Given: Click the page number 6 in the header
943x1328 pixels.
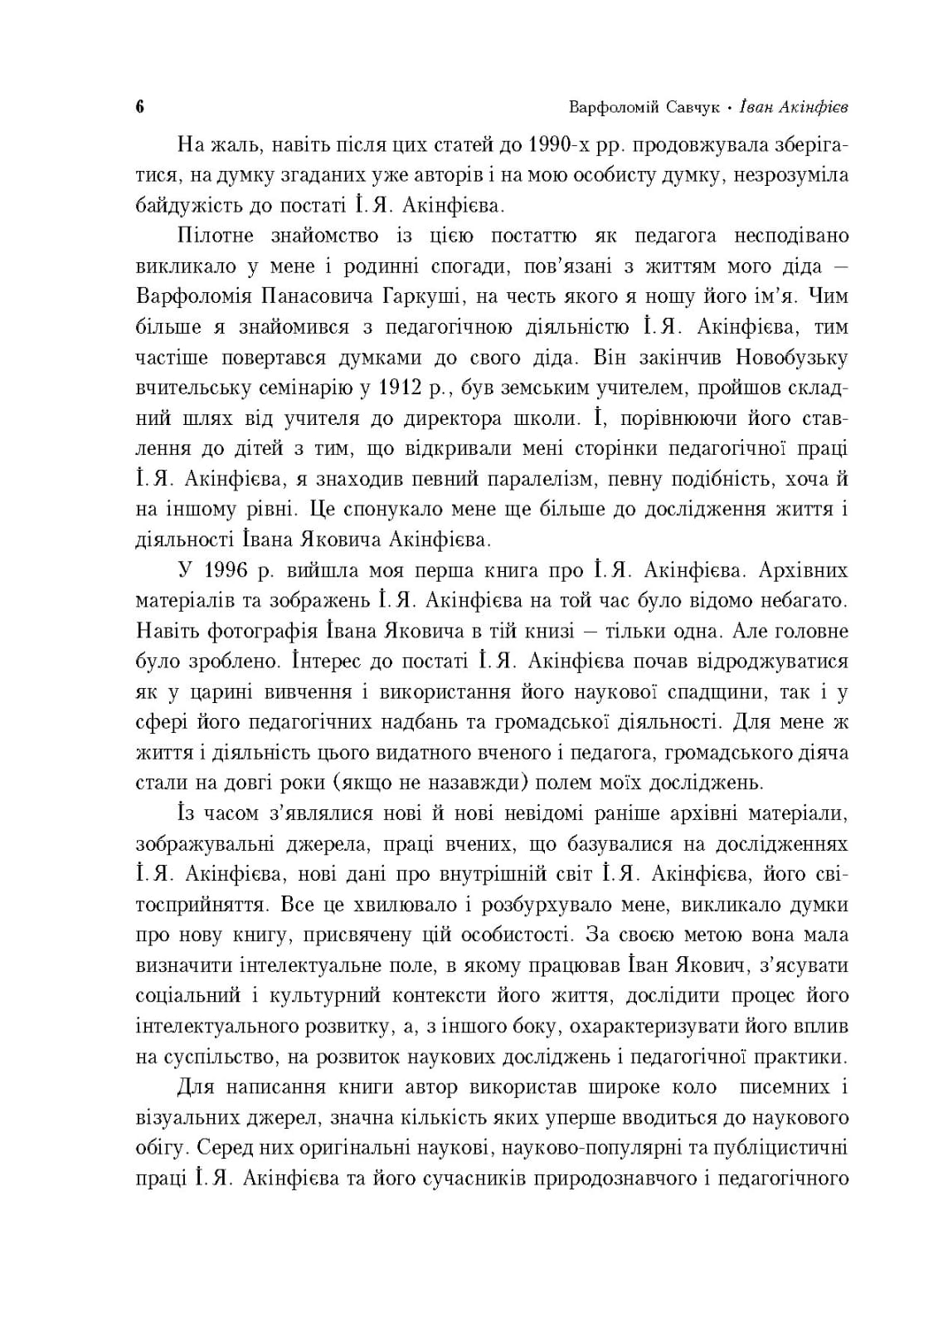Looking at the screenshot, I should (139, 108).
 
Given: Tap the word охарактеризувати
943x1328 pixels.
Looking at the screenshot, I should (654, 1027).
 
